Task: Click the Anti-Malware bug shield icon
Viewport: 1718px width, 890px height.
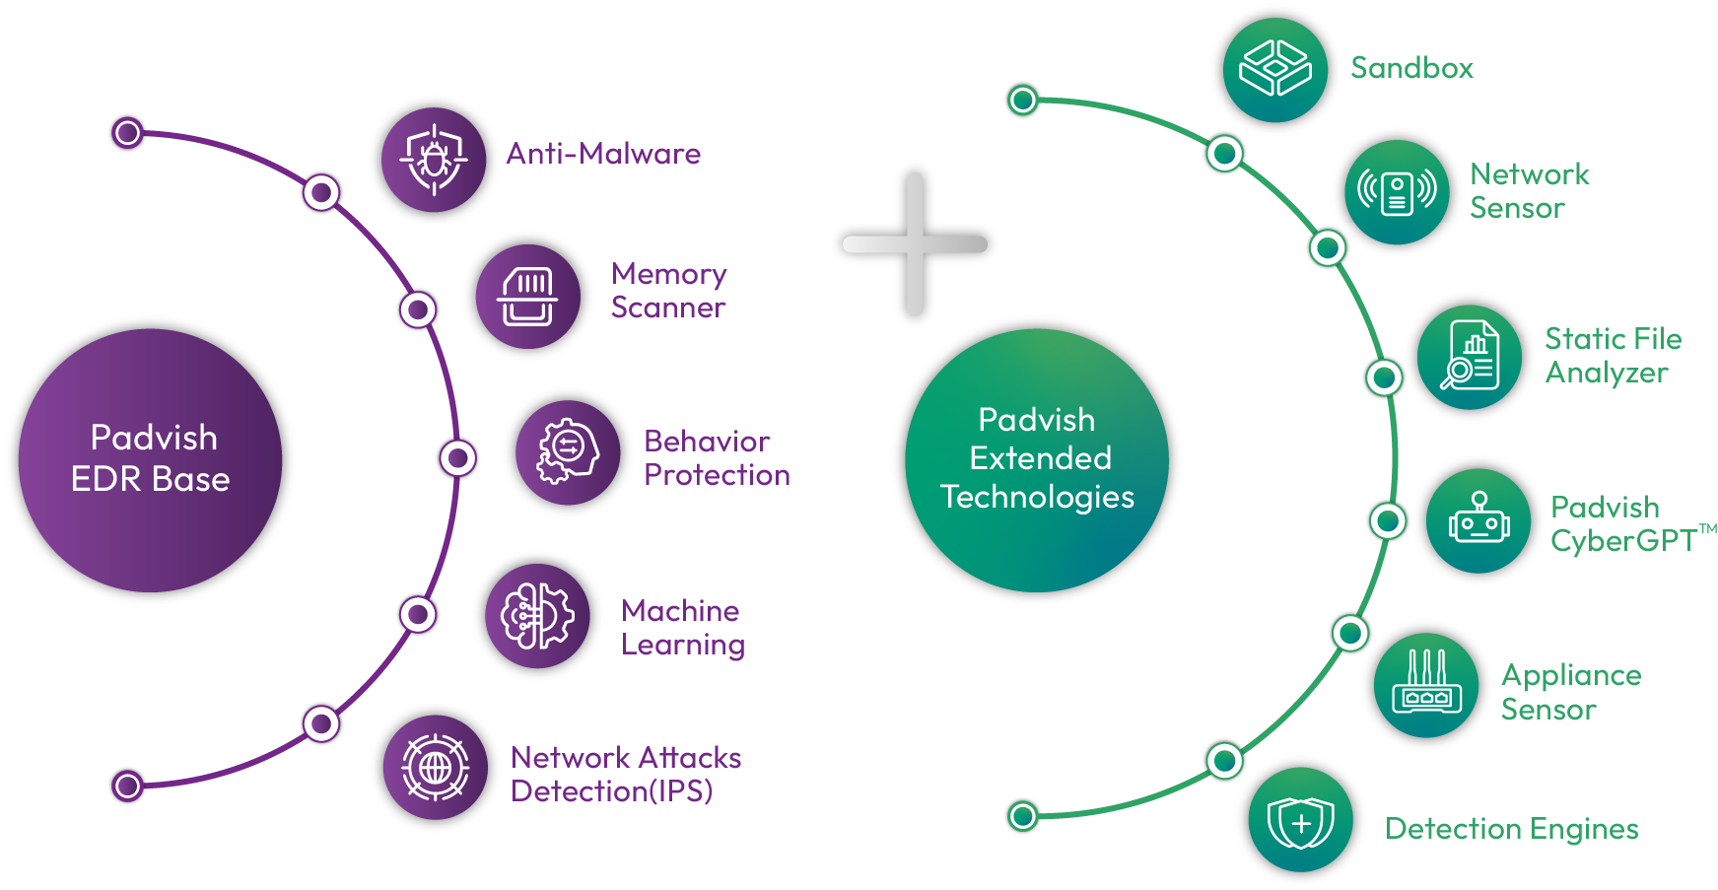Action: (434, 159)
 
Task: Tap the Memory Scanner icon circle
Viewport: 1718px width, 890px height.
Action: (528, 296)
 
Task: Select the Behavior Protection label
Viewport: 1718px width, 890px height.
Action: (717, 458)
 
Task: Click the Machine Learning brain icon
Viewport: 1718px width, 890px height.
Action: (537, 616)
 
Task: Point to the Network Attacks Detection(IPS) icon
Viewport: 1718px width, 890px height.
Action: (435, 767)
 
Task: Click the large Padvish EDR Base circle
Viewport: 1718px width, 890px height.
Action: (151, 459)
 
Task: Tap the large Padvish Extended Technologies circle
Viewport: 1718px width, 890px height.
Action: (1037, 459)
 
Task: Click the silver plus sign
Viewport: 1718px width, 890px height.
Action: (915, 243)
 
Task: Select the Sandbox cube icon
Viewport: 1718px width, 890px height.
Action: (1274, 69)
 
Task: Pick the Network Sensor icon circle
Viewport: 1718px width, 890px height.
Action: (1397, 192)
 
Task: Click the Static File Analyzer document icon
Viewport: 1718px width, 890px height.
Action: (1470, 357)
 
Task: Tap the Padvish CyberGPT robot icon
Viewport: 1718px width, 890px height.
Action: (1478, 520)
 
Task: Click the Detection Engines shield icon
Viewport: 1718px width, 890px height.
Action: (1300, 821)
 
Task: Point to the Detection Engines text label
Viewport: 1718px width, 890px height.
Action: (1511, 829)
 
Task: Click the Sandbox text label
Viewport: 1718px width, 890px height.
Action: (1411, 68)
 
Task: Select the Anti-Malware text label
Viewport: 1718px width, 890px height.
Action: (603, 154)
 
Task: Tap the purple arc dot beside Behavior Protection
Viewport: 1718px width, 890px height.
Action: (457, 457)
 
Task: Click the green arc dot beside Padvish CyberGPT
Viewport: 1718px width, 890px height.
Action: (1388, 519)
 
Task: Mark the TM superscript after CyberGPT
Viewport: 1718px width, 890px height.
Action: (1707, 529)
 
